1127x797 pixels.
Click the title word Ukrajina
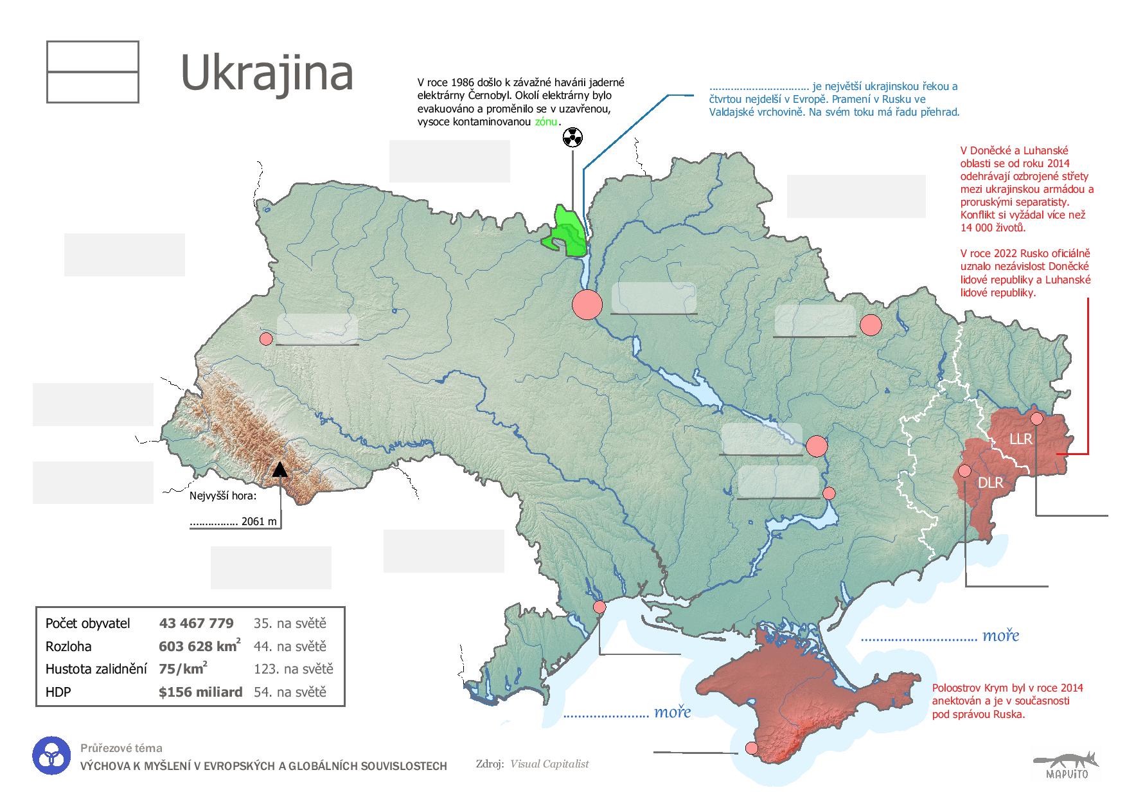[x=267, y=73]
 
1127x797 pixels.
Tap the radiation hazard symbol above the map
[x=572, y=137]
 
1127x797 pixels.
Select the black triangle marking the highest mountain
[x=279, y=469]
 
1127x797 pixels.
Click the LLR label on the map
[x=1020, y=439]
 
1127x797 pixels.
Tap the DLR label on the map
[x=990, y=483]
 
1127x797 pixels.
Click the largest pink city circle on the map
[x=587, y=304]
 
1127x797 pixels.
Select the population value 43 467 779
[x=196, y=623]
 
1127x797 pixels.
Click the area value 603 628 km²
[x=199, y=646]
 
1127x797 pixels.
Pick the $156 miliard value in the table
[x=200, y=692]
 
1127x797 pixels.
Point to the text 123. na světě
[x=293, y=669]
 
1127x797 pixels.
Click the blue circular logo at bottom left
[x=50, y=756]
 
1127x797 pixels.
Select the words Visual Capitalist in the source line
[x=549, y=764]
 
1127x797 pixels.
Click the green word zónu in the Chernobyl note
[x=546, y=121]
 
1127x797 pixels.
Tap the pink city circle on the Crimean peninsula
[x=751, y=748]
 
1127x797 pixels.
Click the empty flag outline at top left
[x=93, y=72]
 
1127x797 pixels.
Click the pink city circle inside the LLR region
[x=1036, y=418]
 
